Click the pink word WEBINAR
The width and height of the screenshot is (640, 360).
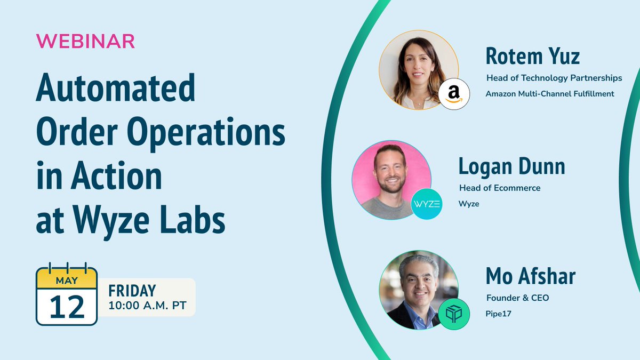pyautogui.click(x=85, y=42)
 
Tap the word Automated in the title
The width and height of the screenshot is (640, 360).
pyautogui.click(x=115, y=89)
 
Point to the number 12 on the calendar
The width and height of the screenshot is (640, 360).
pyautogui.click(x=67, y=306)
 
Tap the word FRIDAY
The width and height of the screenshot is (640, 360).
pyautogui.click(x=132, y=291)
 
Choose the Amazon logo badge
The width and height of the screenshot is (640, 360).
pyautogui.click(x=454, y=94)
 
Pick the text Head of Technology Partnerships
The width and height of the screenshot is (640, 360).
pyautogui.click(x=554, y=78)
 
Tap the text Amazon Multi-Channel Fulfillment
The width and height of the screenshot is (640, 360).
pyautogui.click(x=550, y=94)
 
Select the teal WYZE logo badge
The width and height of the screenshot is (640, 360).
pyautogui.click(x=427, y=204)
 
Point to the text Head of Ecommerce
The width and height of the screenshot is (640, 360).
pyautogui.click(x=500, y=188)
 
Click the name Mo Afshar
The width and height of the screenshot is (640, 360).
pyautogui.click(x=531, y=276)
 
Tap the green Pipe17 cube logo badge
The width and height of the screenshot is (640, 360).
pyautogui.click(x=454, y=314)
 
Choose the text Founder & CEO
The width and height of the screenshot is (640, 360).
pyautogui.click(x=517, y=298)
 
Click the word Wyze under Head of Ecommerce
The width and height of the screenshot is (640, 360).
pyautogui.click(x=469, y=204)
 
